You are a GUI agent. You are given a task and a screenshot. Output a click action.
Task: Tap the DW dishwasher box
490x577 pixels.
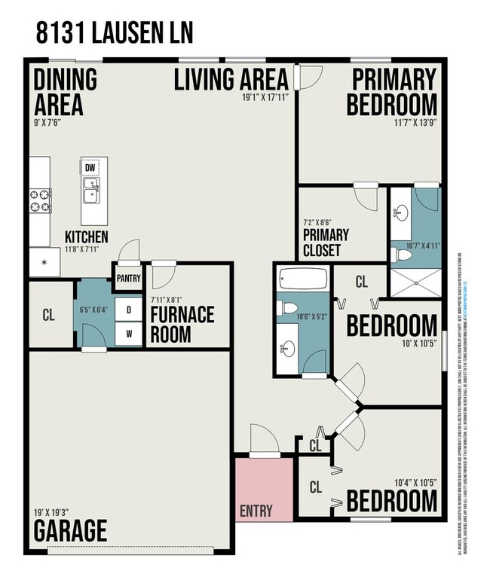(90, 166)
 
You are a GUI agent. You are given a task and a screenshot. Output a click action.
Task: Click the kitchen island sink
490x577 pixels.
(90, 191)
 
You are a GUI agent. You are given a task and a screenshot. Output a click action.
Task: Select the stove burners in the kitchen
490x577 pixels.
(40, 200)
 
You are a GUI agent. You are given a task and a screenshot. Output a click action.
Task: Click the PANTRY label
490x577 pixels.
(128, 278)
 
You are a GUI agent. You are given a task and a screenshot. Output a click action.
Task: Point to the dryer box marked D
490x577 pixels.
(128, 310)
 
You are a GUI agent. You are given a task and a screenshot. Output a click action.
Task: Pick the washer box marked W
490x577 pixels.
(128, 334)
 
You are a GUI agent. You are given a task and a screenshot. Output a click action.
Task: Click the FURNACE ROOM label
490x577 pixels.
(182, 324)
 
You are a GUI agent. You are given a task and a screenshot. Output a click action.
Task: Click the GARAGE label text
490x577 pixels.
(70, 530)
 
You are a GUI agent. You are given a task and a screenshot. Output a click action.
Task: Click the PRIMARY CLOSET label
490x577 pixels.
(322, 243)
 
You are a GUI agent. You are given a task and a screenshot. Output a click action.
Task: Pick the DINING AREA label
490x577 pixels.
(65, 91)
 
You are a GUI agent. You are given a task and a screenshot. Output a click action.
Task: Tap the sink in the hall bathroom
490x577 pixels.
(289, 350)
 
